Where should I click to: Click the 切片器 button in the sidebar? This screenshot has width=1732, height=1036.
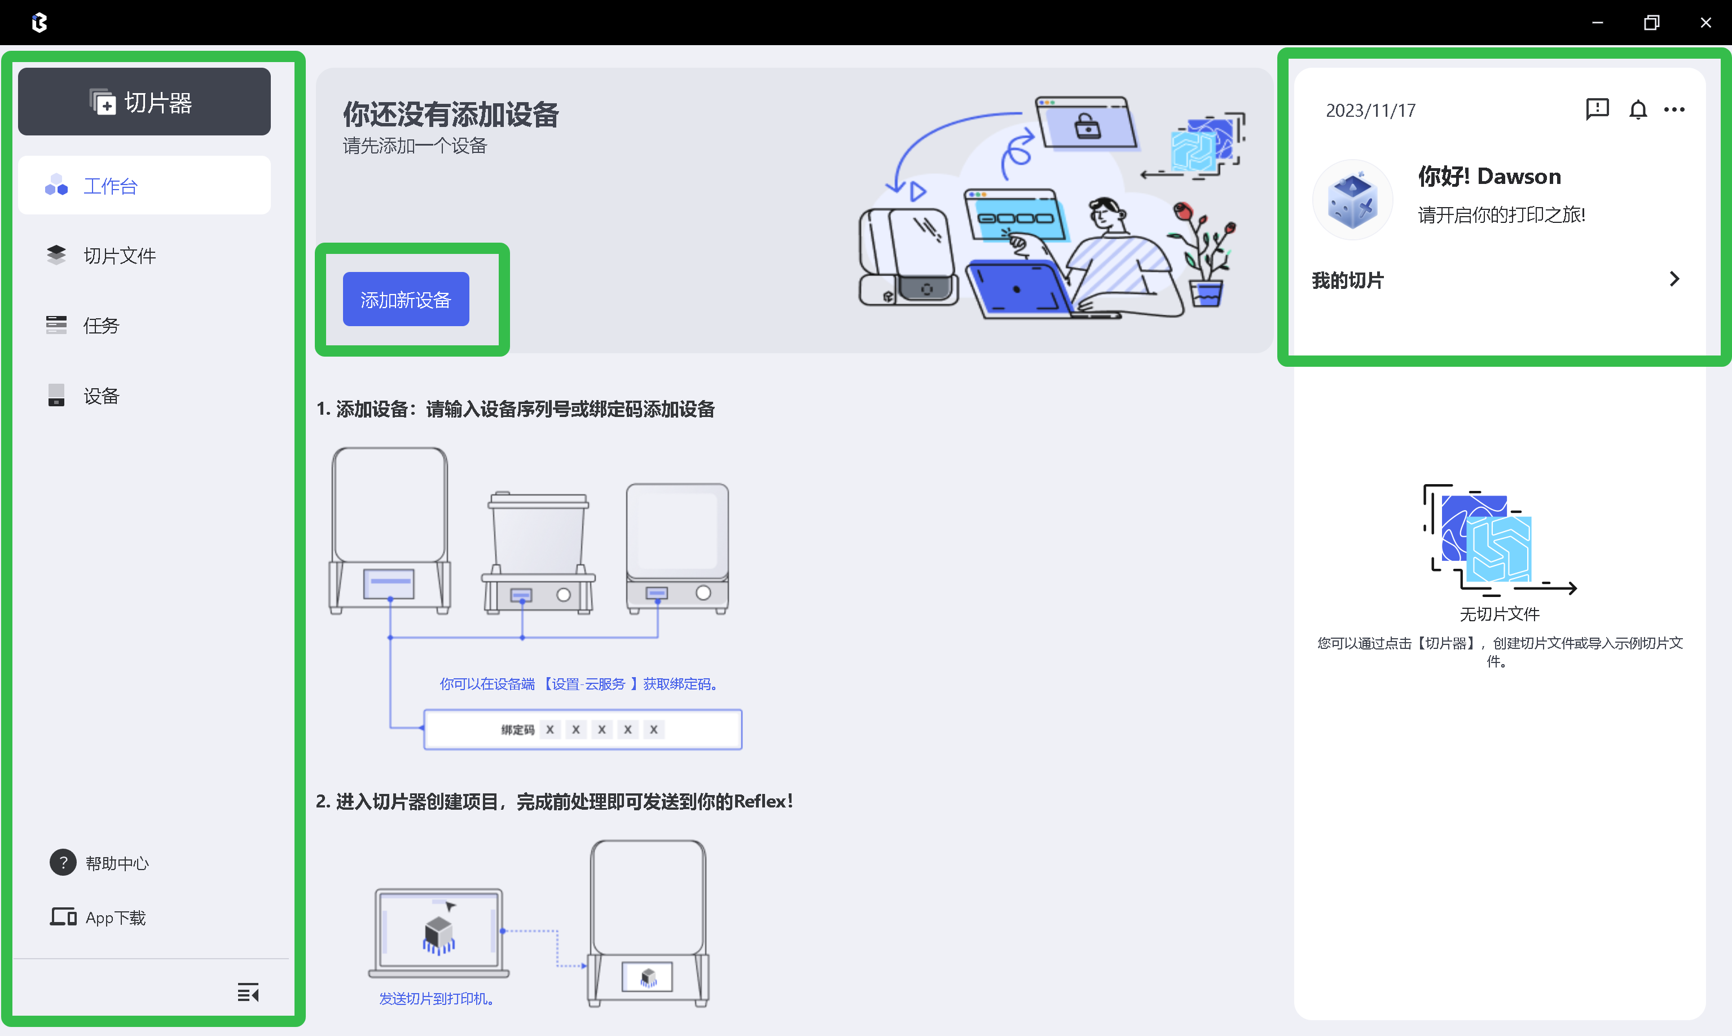coord(144,102)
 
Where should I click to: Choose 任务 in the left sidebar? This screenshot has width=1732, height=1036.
coord(100,326)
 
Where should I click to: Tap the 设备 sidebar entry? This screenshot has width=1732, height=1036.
coord(100,396)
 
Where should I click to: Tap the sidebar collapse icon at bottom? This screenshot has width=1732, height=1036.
coord(248,992)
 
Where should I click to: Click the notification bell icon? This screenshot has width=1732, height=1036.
coord(1638,109)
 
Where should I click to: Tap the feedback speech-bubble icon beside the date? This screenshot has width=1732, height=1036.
coord(1597,109)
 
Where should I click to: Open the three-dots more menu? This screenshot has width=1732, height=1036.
coord(1674,109)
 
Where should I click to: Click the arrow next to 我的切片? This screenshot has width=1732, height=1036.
coord(1674,279)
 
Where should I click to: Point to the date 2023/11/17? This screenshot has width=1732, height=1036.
coord(1370,110)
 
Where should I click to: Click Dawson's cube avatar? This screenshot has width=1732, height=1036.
coord(1352,200)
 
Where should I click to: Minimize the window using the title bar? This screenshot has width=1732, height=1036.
coord(1597,23)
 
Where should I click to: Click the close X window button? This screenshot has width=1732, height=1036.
coord(1705,23)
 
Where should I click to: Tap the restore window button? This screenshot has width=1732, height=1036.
coord(1651,23)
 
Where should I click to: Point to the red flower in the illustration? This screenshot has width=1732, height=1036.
coord(1182,210)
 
